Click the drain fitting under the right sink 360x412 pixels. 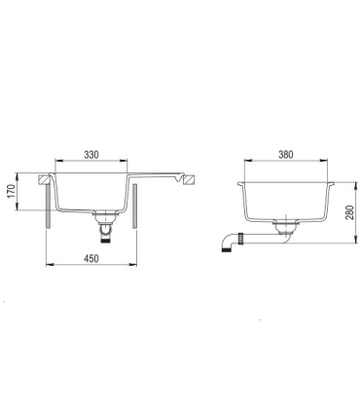284,229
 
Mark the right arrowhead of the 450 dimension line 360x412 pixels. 140,269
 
